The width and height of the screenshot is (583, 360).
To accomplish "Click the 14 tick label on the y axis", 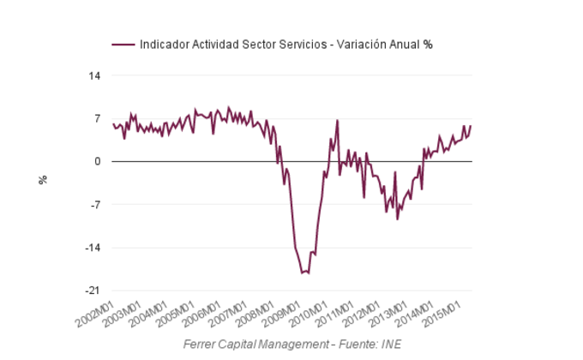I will pos(94,75).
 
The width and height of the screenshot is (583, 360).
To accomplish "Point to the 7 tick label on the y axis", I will pos(98,118).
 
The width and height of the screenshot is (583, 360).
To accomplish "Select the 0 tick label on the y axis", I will pos(98,161).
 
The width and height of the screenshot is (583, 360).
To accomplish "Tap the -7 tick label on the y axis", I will pos(95,205).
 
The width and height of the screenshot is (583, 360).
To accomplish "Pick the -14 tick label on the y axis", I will pos(93,248).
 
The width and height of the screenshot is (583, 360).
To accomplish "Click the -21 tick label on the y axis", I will pos(93,291).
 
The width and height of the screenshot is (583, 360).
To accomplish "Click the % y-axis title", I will pos(42,180).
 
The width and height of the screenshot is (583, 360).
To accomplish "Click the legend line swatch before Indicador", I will pos(123,45).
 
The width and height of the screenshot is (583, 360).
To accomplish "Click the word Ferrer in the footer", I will pos(201,345).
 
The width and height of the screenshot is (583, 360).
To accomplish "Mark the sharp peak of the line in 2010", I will pos(337,120).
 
